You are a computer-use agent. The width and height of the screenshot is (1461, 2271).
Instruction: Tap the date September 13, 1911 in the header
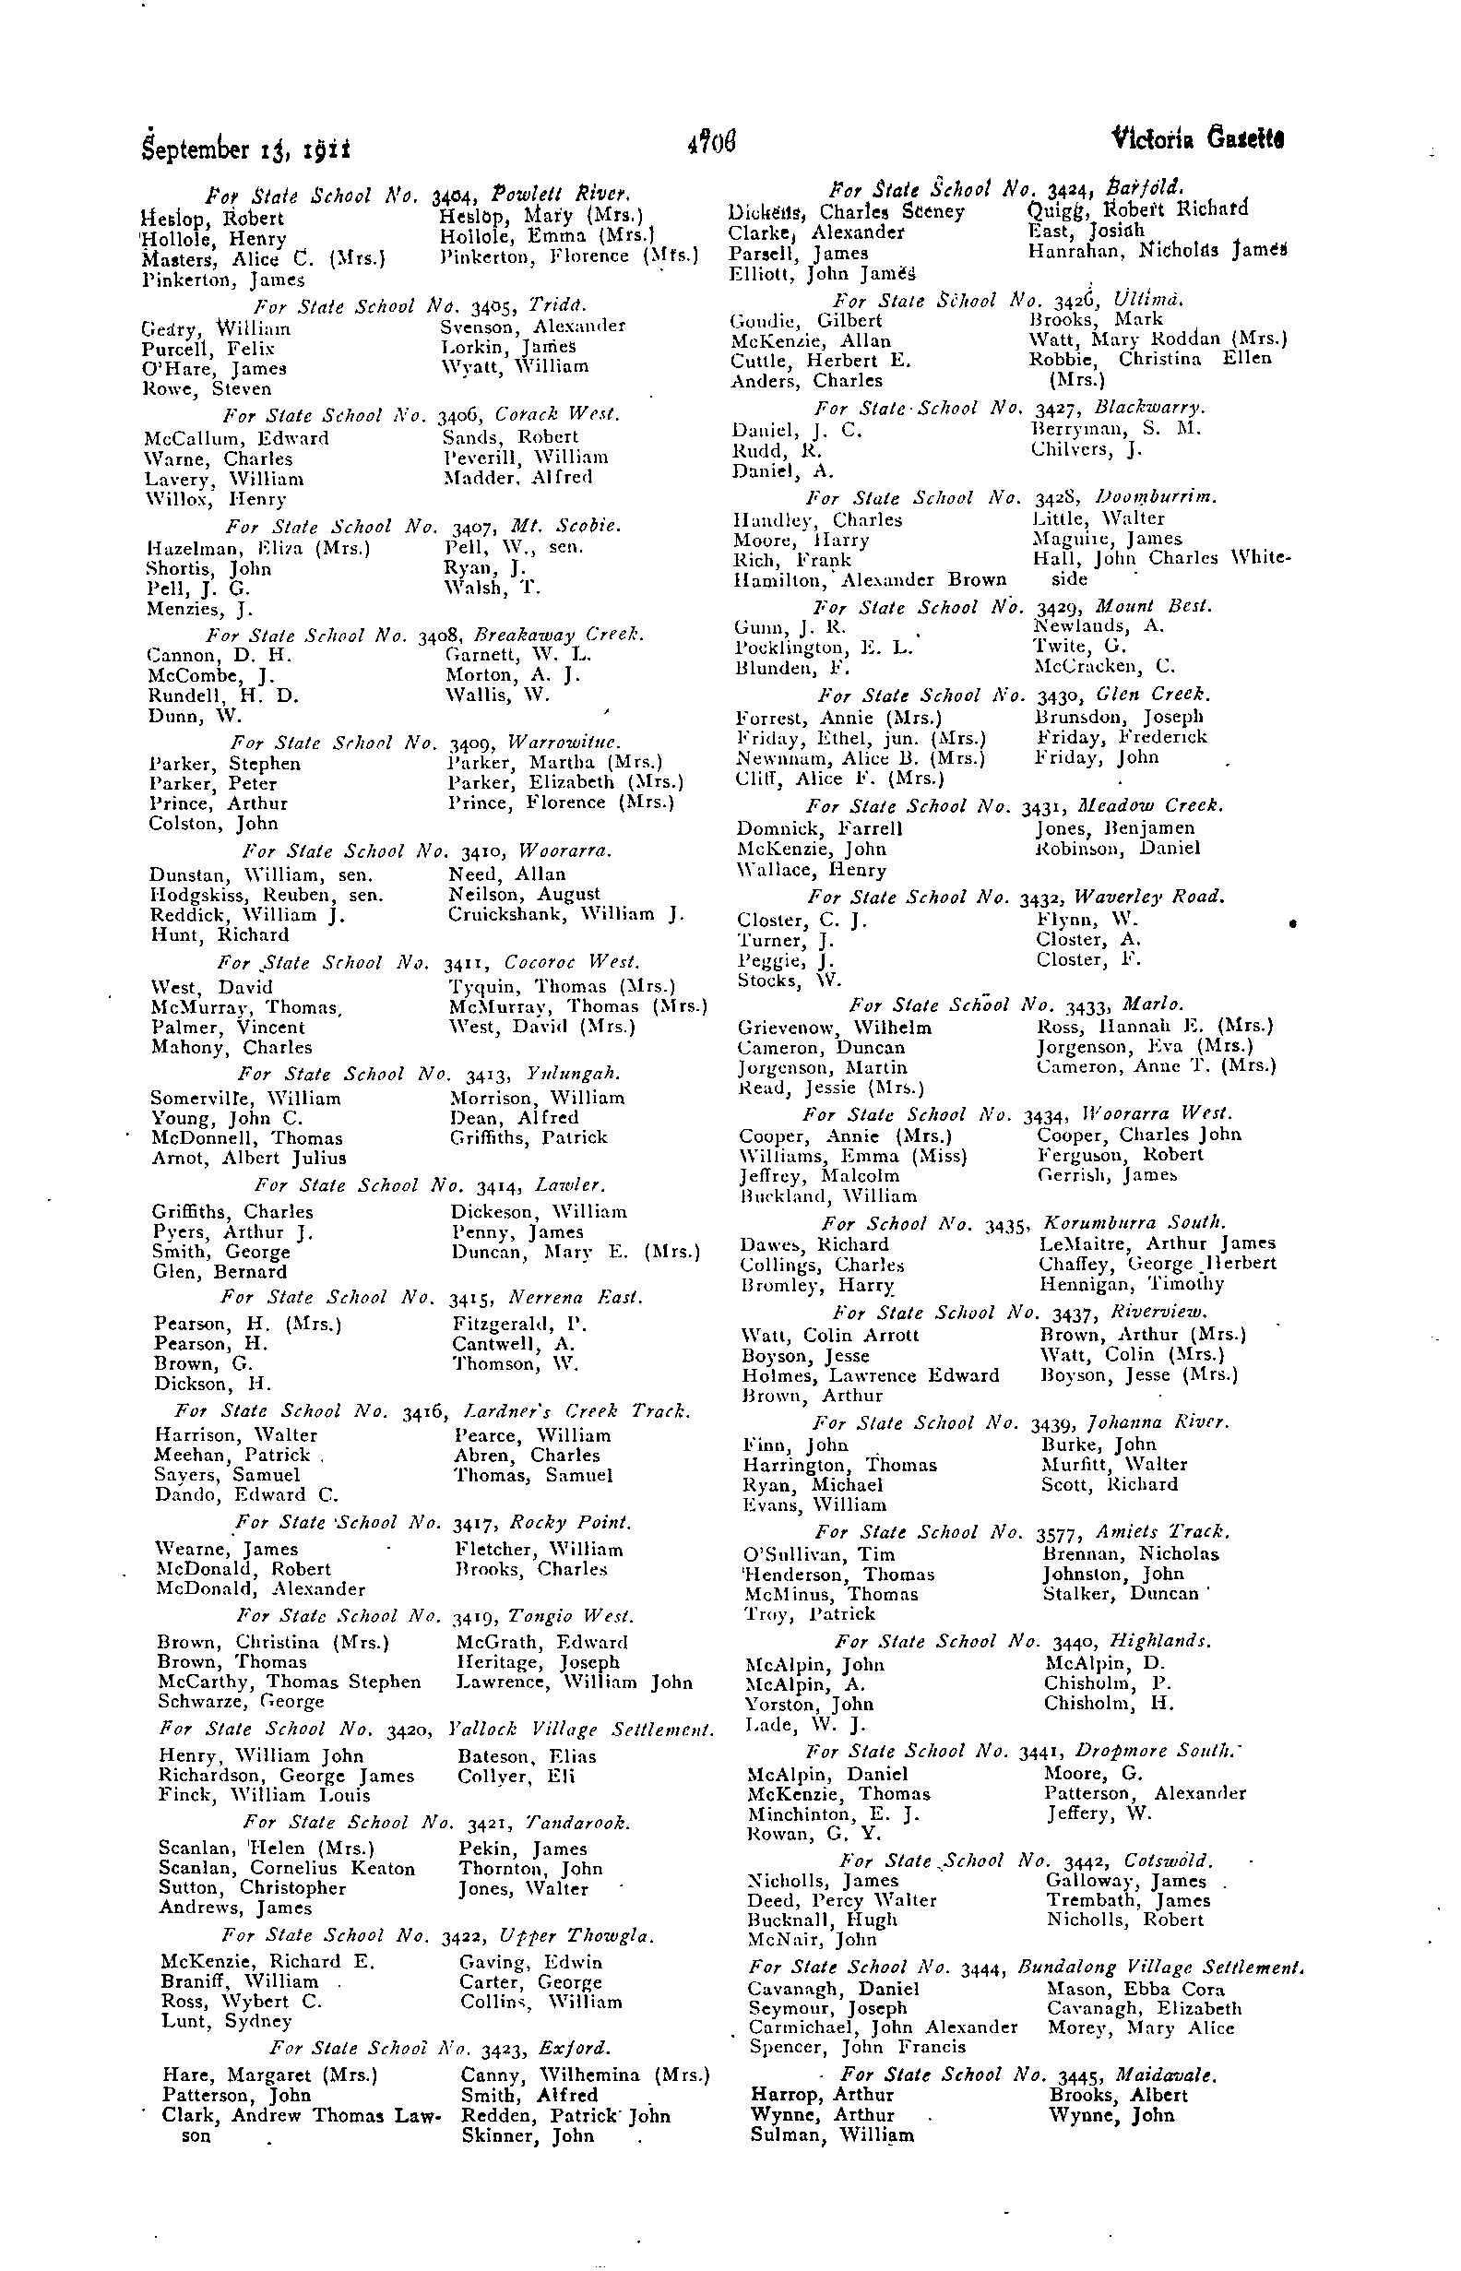point(245,149)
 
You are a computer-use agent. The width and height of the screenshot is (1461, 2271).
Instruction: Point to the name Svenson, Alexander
point(532,326)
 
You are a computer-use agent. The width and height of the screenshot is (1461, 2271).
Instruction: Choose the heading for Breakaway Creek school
point(425,635)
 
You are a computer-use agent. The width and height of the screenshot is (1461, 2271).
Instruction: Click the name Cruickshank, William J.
point(565,914)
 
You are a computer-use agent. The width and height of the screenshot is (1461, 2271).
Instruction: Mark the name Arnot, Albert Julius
point(248,1158)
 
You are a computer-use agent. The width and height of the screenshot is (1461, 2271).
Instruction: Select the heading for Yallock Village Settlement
point(437,1729)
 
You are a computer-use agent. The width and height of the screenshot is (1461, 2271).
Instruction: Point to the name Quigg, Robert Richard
point(1137,209)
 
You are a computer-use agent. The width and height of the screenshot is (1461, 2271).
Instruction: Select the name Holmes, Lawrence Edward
point(870,1374)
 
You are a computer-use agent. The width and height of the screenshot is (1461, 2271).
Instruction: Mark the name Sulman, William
point(832,2135)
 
